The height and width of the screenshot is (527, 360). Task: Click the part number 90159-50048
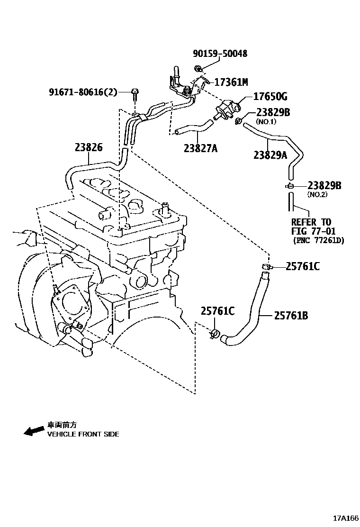point(220,54)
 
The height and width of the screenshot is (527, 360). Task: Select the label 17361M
point(231,82)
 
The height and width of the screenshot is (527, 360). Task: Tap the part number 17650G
point(271,97)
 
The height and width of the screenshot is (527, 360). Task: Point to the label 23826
point(88,147)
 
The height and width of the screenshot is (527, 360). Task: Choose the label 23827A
point(200,148)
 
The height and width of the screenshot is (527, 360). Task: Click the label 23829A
point(270,154)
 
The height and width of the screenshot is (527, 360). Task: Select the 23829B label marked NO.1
point(273,112)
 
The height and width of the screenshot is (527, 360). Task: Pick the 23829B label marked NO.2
point(324,186)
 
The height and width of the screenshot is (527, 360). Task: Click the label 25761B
point(291,315)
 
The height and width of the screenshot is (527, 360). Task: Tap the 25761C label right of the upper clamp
point(302,267)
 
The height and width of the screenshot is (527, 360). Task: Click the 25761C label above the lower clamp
point(217,311)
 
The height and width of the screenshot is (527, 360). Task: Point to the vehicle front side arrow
point(34,430)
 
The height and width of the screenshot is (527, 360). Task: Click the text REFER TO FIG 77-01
point(311,227)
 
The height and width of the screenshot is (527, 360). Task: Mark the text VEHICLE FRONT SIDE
point(83,434)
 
